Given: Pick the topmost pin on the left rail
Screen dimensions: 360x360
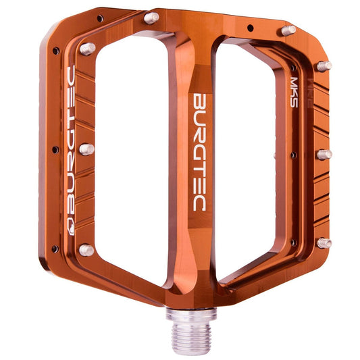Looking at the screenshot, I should [x=87, y=49].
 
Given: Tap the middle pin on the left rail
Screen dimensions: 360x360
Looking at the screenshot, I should [x=86, y=149].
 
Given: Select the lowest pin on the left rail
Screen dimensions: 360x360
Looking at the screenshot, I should [x=86, y=250].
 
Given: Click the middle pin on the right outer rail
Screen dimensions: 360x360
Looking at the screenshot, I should [x=324, y=153].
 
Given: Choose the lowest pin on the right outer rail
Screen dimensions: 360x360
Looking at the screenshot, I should [x=324, y=242].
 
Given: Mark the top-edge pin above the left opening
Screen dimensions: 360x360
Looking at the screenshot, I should [x=152, y=18].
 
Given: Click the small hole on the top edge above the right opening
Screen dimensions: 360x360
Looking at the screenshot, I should [x=251, y=28].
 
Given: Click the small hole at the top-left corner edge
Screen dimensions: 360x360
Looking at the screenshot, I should [x=100, y=18].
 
